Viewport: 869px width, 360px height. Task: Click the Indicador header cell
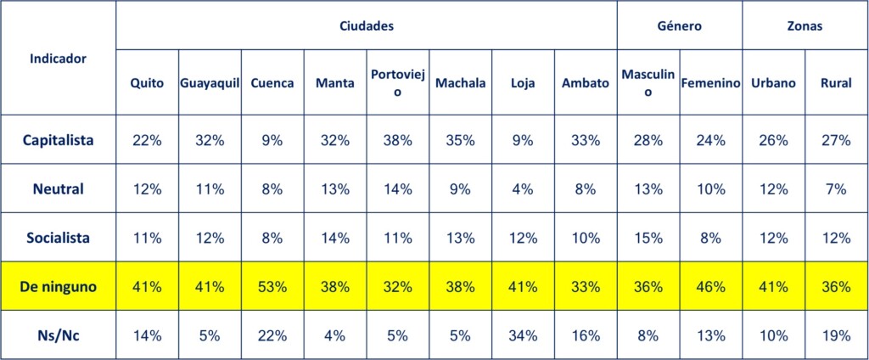tap(59, 59)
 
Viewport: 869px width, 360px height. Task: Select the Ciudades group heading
tap(367, 26)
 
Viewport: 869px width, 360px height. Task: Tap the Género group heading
tap(680, 26)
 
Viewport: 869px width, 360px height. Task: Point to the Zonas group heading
tap(805, 26)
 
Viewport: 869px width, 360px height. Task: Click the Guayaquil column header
tap(210, 83)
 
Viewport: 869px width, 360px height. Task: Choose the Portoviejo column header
tap(397, 83)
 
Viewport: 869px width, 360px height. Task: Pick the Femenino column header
tap(711, 83)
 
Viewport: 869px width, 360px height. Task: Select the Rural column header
tap(836, 83)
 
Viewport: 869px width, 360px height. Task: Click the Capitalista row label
tap(59, 140)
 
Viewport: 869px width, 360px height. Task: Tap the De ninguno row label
tap(59, 287)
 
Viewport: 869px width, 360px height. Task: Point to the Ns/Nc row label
tap(59, 335)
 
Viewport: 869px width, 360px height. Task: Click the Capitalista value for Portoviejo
tap(397, 140)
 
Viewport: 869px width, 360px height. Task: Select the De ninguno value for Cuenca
tap(272, 287)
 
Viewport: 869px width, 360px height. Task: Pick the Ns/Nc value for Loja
tap(523, 335)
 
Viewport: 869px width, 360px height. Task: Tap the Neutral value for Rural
tap(836, 189)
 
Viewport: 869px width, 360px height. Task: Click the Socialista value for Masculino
tap(648, 239)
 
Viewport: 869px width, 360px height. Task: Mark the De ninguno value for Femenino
tap(711, 287)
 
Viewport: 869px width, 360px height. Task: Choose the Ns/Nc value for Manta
tap(335, 335)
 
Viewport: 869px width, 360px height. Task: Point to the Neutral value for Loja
tap(523, 189)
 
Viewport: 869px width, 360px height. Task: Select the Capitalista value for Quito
tap(147, 140)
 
